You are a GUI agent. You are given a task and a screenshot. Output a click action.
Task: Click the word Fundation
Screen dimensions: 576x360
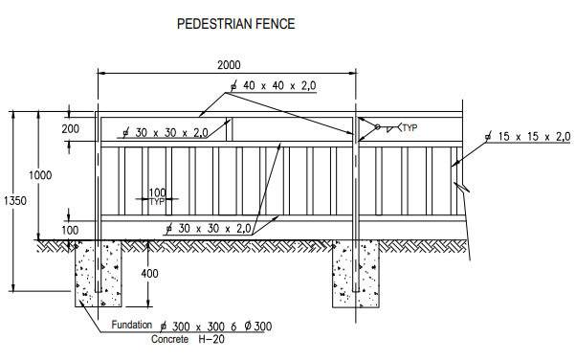tap(129, 326)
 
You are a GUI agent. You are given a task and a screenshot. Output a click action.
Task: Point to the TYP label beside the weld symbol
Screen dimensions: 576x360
tap(410, 127)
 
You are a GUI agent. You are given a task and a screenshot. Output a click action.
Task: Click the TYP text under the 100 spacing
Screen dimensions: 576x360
tap(157, 202)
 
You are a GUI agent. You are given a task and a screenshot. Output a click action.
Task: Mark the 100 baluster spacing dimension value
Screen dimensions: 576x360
tap(157, 192)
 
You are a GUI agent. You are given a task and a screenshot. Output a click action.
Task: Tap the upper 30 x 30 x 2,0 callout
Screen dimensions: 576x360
tap(167, 133)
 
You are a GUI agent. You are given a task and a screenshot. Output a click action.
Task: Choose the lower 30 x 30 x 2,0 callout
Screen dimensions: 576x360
tap(210, 229)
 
